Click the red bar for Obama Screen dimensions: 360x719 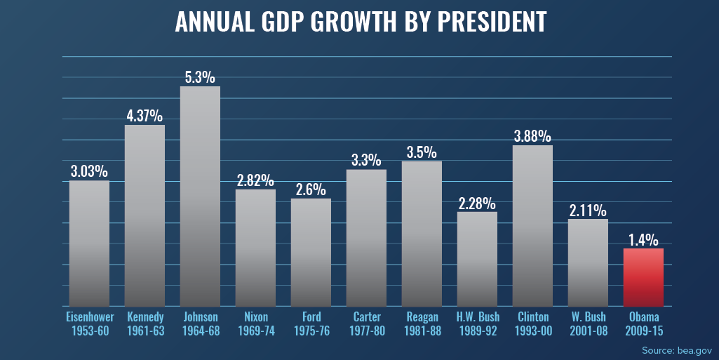[x=643, y=277]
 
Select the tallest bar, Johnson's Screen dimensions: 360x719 [x=200, y=196]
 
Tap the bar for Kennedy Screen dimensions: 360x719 [x=145, y=215]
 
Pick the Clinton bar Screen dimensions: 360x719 [x=532, y=225]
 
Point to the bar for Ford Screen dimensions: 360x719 [x=311, y=252]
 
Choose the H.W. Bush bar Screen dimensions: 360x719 [x=477, y=259]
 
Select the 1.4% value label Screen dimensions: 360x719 [x=643, y=239]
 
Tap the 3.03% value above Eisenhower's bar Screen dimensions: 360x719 [x=89, y=171]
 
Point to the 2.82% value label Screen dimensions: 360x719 [x=255, y=180]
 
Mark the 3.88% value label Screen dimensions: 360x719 [x=532, y=135]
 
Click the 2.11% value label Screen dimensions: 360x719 [x=588, y=209]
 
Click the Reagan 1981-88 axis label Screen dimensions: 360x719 [x=422, y=324]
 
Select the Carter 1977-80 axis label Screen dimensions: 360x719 [x=366, y=324]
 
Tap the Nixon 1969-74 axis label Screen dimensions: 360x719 [x=255, y=324]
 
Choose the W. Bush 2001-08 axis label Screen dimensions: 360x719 [x=588, y=324]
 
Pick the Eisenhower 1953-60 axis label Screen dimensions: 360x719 [x=89, y=324]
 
